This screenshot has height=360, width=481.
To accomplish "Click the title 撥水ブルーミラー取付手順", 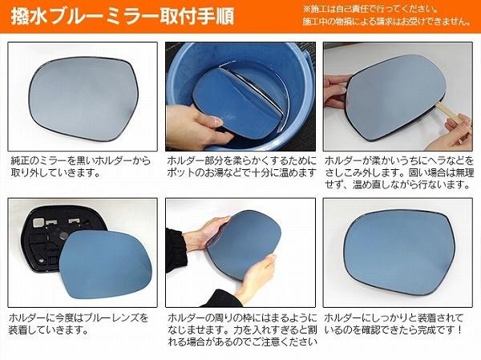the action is point(123,16).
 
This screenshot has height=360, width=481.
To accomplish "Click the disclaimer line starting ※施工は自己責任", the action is point(370,8).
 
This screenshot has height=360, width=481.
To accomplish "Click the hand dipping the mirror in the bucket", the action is point(196,126).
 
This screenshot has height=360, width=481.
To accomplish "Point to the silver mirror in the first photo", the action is point(83,99).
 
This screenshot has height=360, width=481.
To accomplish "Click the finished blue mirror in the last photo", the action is point(398,251).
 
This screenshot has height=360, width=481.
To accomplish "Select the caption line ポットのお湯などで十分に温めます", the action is point(241,173).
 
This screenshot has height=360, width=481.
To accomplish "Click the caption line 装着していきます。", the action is point(49,330).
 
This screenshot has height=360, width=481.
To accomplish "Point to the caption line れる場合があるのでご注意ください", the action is point(242,342).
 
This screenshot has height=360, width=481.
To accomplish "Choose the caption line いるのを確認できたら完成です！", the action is point(394,330).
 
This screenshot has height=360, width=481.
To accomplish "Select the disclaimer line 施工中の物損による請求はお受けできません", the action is point(386,22).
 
